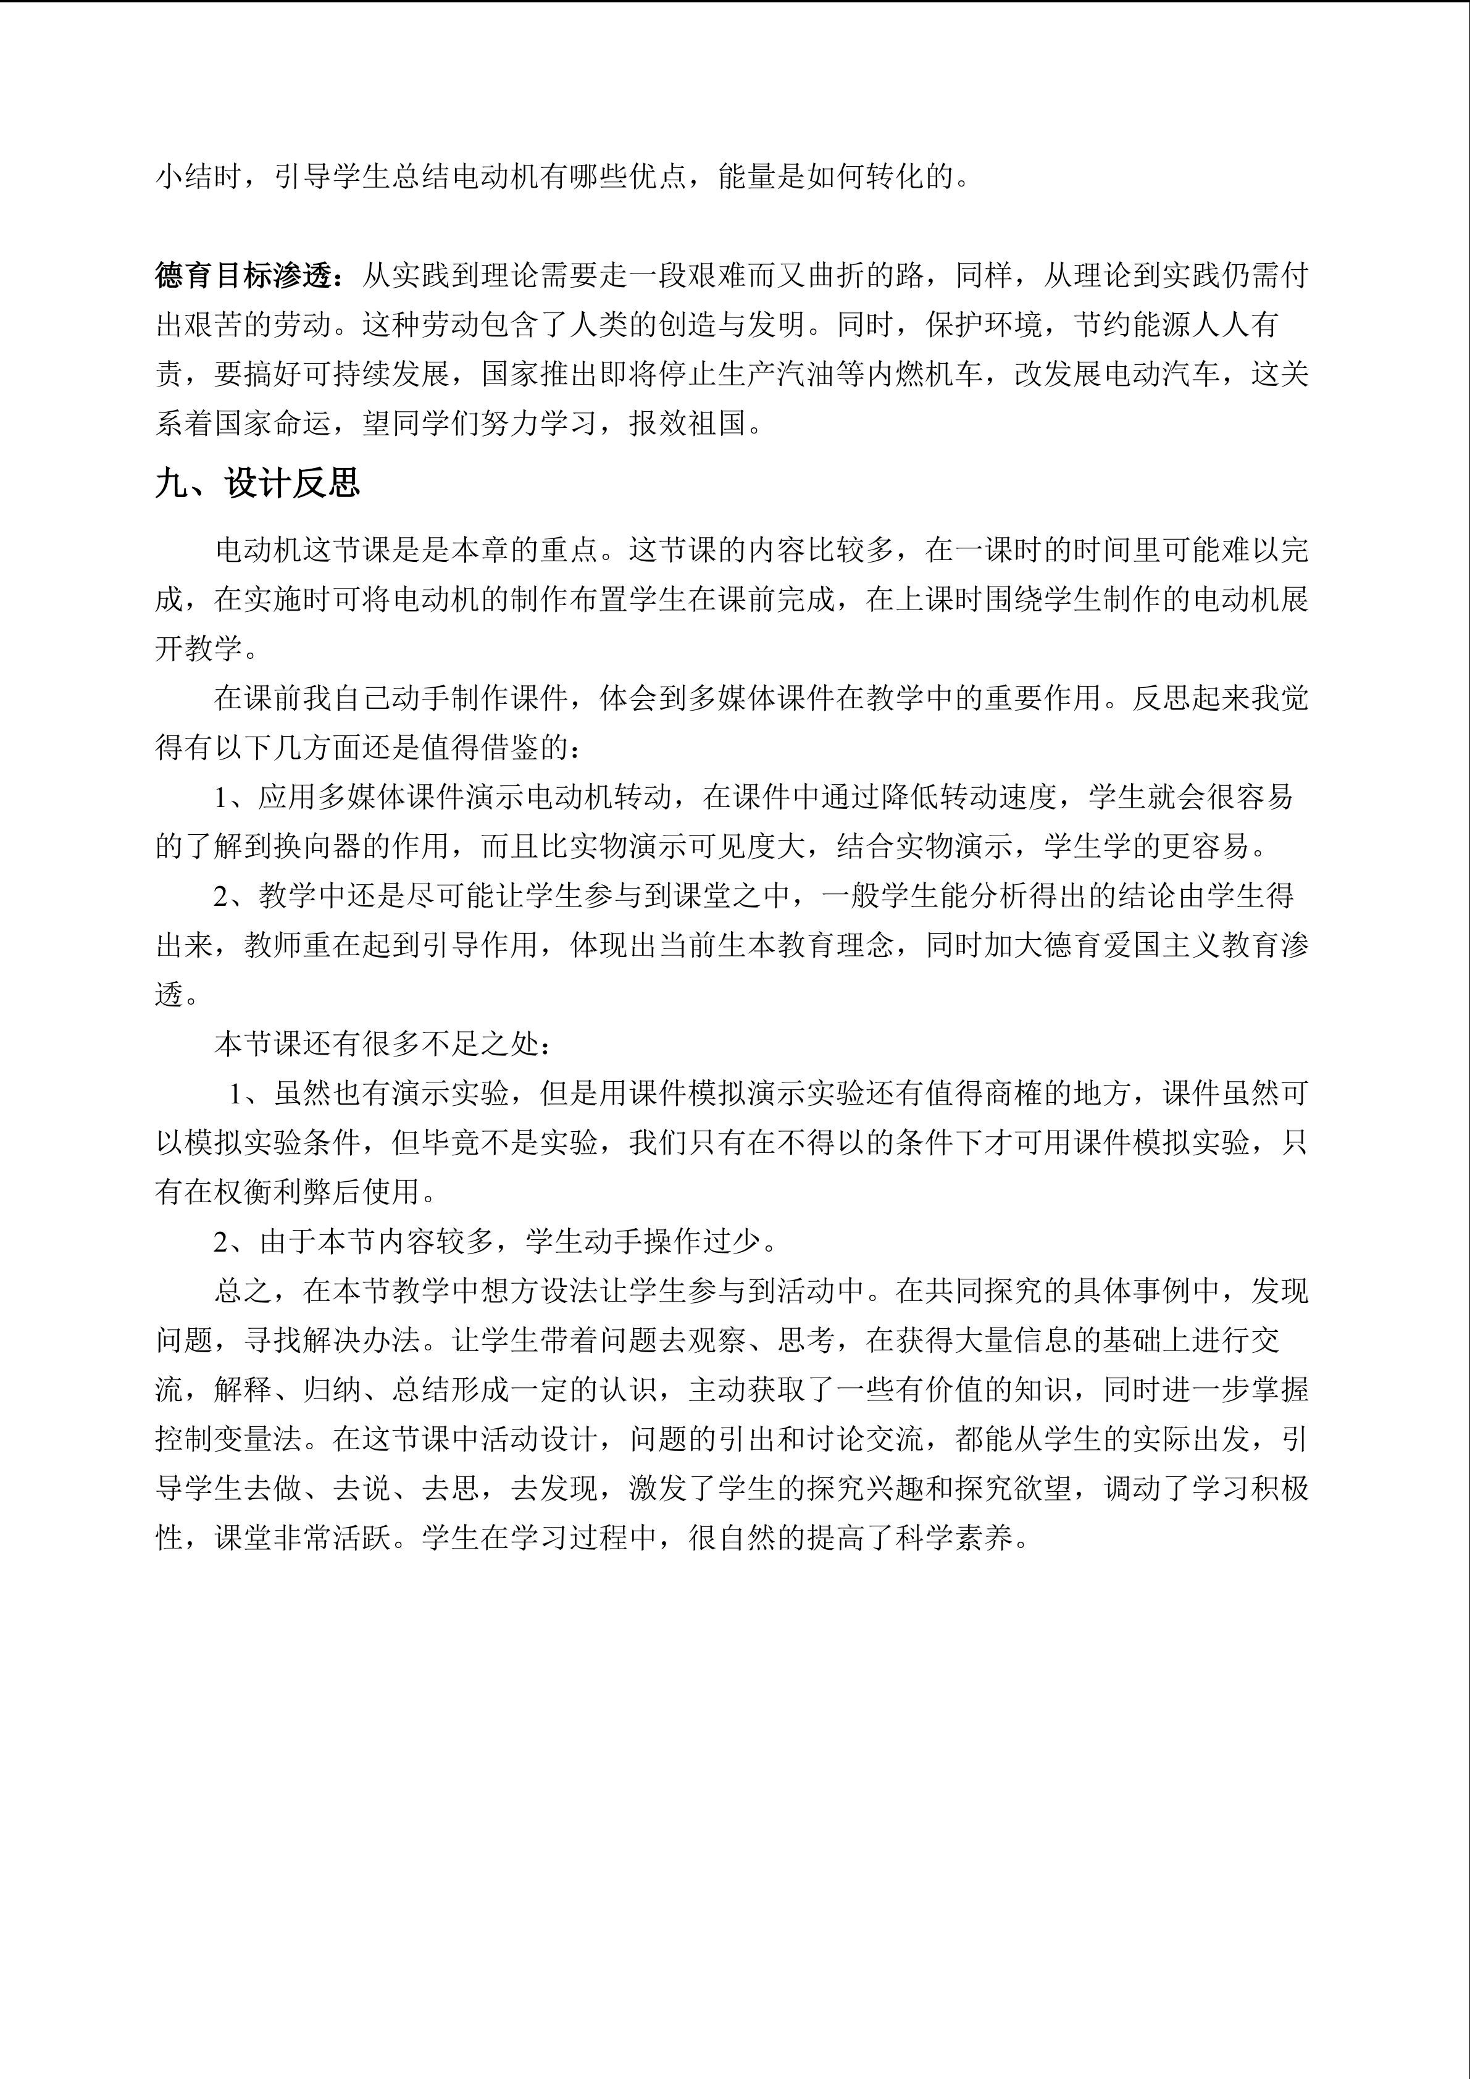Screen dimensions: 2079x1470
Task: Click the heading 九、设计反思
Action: pyautogui.click(x=257, y=483)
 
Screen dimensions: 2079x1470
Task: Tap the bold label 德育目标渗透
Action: pyautogui.click(x=244, y=276)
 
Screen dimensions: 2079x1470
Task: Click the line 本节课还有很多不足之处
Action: pyautogui.click(x=380, y=1044)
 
